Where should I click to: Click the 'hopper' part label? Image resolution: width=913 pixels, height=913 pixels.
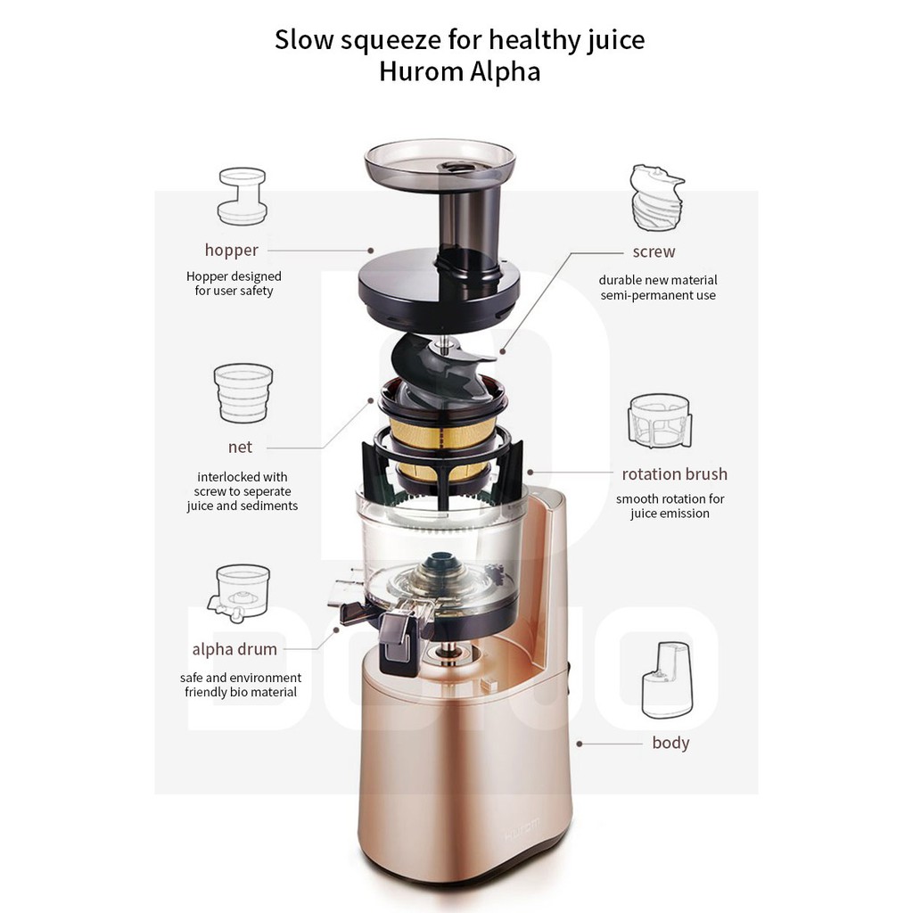pos(231,251)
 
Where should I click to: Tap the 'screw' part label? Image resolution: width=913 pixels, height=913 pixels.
pos(654,251)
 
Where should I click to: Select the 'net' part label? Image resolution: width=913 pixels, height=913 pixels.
pos(240,448)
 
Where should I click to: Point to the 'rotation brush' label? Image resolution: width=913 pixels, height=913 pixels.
pos(674,474)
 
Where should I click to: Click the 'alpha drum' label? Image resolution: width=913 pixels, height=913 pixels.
pos(234,650)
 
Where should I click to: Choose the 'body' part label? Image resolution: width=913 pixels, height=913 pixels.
pos(670,743)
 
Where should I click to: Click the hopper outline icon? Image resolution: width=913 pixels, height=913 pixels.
pos(243,196)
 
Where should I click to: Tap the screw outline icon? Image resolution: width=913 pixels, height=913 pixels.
pos(656,197)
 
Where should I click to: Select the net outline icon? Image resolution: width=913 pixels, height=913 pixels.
pos(243,393)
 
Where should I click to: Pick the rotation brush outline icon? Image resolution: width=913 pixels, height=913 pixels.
pos(661,421)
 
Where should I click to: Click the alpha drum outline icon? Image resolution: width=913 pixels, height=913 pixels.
pos(239,593)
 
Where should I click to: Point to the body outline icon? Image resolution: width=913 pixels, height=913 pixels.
pos(668,680)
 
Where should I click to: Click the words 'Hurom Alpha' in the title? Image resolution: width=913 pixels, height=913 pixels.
pos(460,72)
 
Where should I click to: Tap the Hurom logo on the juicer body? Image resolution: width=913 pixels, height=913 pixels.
pos(522,828)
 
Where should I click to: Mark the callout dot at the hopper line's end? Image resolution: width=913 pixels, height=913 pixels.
pos(370,251)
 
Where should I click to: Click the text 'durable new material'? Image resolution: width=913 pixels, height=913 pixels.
pos(658,281)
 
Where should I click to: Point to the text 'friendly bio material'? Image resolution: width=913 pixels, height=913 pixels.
pos(241,692)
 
